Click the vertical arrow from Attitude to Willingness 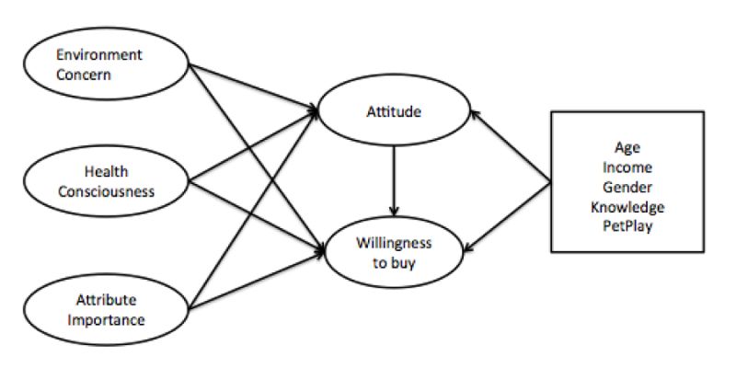coord(394,179)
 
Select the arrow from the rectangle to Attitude coord(510,147)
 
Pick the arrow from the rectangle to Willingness coord(510,213)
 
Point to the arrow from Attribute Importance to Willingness coord(258,276)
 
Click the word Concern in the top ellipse coord(84,75)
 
